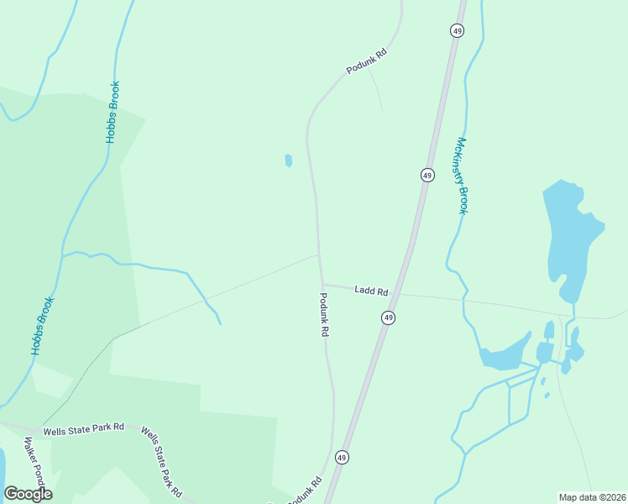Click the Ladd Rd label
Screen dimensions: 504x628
[371, 291]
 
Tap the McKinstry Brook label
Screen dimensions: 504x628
[461, 176]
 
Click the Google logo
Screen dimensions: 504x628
[28, 494]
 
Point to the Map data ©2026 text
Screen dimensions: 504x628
[591, 496]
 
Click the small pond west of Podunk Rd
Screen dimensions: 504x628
[289, 160]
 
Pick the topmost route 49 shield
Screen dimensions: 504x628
[456, 30]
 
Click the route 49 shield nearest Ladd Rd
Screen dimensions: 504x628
[388, 318]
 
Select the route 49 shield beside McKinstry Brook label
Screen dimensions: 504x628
[427, 175]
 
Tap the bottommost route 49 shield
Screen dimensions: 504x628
[342, 458]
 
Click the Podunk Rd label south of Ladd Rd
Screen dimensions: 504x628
[324, 314]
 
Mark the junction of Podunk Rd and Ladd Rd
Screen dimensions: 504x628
[322, 284]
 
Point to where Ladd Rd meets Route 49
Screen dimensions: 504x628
[398, 294]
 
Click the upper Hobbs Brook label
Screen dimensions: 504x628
[113, 112]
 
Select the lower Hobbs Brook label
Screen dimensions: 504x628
[43, 325]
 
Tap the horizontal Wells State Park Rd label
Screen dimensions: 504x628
[84, 428]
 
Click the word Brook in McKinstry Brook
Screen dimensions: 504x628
[463, 199]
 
